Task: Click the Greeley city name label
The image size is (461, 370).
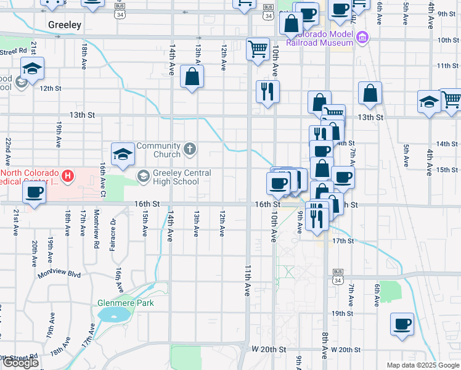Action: click(65, 25)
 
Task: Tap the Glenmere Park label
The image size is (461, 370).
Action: click(125, 303)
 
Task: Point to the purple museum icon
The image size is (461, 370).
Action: click(362, 39)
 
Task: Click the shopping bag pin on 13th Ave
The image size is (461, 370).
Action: click(192, 76)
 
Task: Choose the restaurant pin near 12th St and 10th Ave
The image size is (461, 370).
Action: click(267, 91)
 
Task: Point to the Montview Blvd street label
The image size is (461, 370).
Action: click(59, 274)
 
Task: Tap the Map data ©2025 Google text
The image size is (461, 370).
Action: click(423, 365)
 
